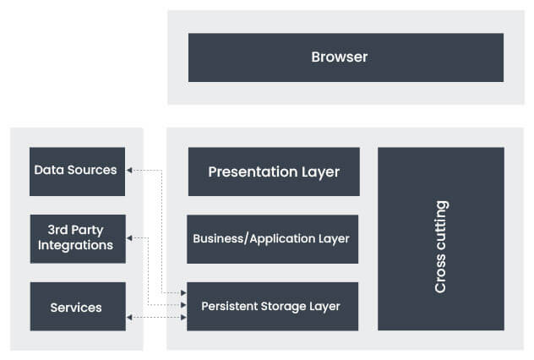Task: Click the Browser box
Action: [x=346, y=57]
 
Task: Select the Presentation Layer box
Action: [x=274, y=172]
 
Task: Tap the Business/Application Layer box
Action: [x=272, y=238]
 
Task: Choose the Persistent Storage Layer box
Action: [x=272, y=306]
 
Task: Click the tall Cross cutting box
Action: [x=440, y=238]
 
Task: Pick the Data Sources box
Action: [x=77, y=171]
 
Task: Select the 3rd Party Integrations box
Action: [x=77, y=238]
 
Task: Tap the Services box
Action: [x=77, y=306]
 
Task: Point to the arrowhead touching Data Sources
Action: [x=130, y=171]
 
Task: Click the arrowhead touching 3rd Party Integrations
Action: [x=130, y=238]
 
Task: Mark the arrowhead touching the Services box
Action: [x=130, y=317]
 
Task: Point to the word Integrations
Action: [x=75, y=246]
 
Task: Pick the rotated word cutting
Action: [x=440, y=226]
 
